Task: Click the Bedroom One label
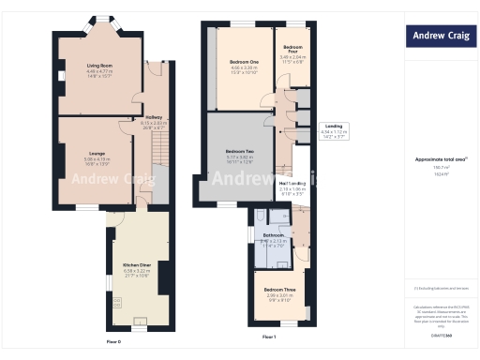pos(244,63)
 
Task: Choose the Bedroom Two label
pos(241,151)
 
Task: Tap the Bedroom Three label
pos(278,290)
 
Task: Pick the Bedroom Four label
pos(292,47)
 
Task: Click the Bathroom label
pos(274,234)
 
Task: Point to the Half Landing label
pos(292,184)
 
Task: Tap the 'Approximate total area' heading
pos(433,159)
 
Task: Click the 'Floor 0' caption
pos(113,342)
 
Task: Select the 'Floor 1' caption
pos(268,336)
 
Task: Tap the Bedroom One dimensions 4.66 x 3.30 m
pos(244,68)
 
